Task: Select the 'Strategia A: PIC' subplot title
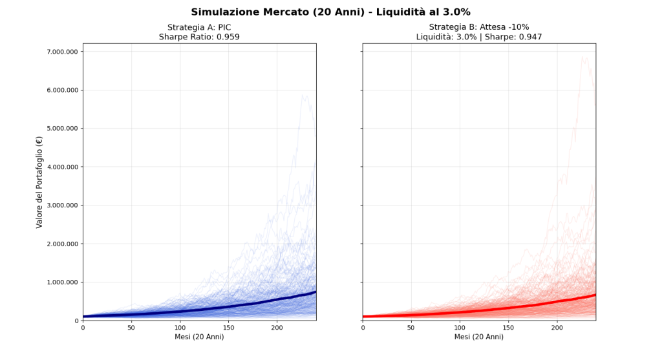click(x=199, y=27)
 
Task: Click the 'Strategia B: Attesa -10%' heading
click(x=479, y=27)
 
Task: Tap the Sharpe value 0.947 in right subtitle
click(x=529, y=37)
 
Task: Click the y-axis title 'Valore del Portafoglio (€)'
click(x=39, y=182)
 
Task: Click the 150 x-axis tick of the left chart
click(x=229, y=328)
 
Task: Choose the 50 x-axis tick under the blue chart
click(x=131, y=328)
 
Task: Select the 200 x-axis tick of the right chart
click(x=557, y=328)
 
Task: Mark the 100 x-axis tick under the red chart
click(x=460, y=328)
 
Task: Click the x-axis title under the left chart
click(x=199, y=337)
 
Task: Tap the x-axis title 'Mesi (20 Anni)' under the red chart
click(x=479, y=337)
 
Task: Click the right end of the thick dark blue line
click(x=315, y=291)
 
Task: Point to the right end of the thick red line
click(x=595, y=295)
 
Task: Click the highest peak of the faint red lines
click(x=584, y=57)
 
